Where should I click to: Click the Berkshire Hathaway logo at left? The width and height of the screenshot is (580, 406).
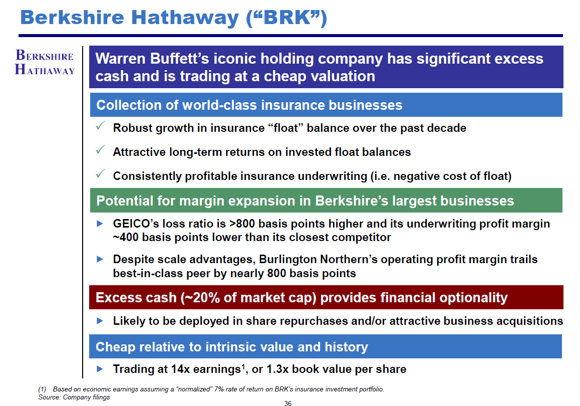click(x=45, y=62)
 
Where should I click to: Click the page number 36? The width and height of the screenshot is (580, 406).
click(x=288, y=403)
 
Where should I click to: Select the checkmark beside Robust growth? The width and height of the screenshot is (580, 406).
click(x=100, y=126)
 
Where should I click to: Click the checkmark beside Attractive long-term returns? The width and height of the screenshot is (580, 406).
click(x=100, y=150)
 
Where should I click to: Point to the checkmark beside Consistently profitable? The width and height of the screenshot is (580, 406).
click(x=100, y=174)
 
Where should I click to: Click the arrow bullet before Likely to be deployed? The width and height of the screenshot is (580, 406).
click(x=100, y=320)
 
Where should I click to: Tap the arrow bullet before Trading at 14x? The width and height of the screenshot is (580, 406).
click(x=100, y=368)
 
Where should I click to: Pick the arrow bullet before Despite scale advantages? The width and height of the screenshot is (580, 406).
click(x=100, y=259)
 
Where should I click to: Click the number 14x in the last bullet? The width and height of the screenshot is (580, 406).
click(x=180, y=369)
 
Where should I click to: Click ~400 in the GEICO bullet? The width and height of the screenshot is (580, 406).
click(x=126, y=237)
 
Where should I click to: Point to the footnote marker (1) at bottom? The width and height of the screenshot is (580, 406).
click(x=42, y=389)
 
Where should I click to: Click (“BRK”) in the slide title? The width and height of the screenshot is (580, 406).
click(x=286, y=17)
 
